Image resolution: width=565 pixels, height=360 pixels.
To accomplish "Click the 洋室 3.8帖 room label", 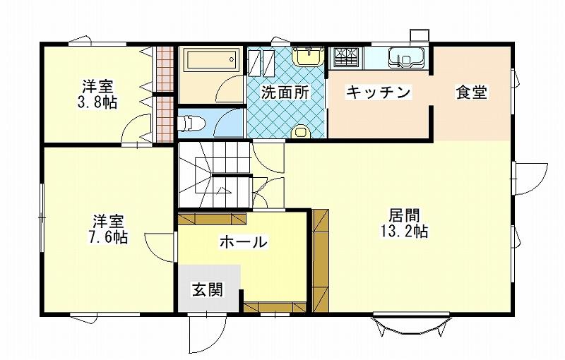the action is (x=97, y=95).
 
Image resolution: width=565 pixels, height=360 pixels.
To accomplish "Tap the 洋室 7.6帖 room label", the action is (x=108, y=229).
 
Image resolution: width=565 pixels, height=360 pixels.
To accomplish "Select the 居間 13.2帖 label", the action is (x=404, y=223).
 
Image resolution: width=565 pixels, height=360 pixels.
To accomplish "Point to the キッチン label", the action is (x=378, y=92).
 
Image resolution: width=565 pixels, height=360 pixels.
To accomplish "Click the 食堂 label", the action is (x=472, y=92).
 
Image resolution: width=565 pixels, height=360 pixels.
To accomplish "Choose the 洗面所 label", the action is (x=285, y=92).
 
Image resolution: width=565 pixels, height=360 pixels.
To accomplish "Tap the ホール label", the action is (x=244, y=241).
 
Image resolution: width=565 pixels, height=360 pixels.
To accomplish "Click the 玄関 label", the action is (x=207, y=289).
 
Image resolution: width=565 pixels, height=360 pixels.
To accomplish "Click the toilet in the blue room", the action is (x=191, y=123).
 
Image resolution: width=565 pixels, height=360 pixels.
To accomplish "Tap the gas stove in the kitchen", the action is (x=345, y=57).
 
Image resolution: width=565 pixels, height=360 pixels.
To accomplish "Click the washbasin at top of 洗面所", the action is (x=308, y=56).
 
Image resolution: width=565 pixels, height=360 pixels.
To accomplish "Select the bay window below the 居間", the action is (x=411, y=325).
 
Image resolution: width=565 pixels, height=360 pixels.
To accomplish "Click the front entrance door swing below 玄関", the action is (x=208, y=334).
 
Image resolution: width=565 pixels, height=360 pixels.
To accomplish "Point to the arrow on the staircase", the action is (x=224, y=190).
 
